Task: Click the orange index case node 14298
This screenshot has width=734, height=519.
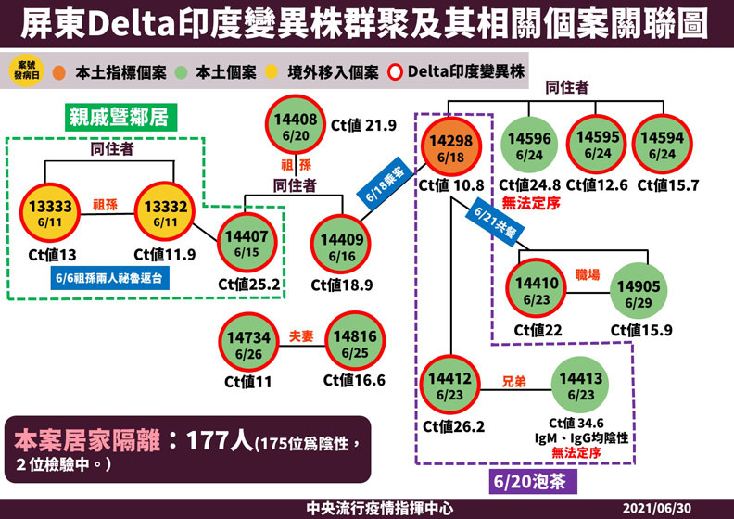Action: (449, 145)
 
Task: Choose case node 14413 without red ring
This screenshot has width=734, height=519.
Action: (582, 386)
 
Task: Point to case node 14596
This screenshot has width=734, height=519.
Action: (531, 145)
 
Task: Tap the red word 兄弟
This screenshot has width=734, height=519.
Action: (515, 380)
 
